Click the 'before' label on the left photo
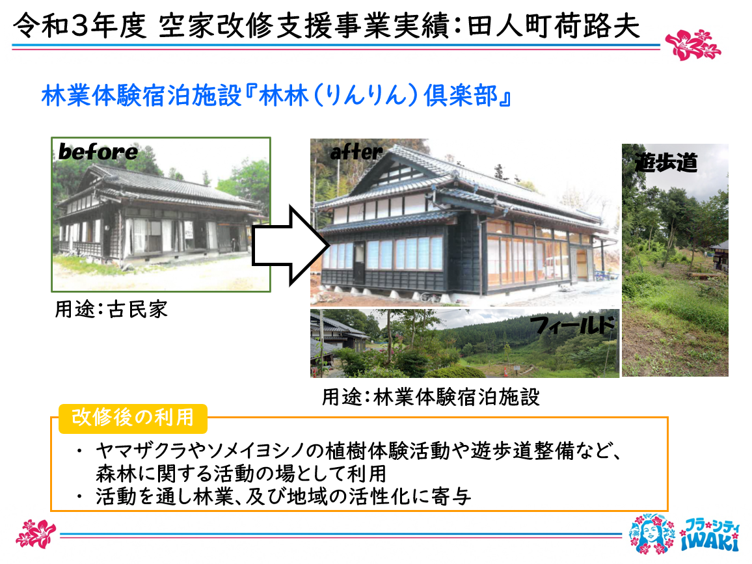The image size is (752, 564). [x=98, y=152]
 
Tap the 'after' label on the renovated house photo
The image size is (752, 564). [x=356, y=152]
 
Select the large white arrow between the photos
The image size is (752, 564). [x=290, y=245]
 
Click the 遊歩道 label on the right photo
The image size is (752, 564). [x=666, y=163]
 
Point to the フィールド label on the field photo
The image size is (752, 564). [x=573, y=325]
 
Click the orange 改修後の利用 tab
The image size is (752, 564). [x=133, y=417]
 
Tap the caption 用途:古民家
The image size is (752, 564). [x=111, y=310]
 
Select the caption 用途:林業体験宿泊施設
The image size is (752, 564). [x=431, y=397]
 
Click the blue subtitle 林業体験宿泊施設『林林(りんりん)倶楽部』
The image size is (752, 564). [x=276, y=96]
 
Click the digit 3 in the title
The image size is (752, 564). [x=79, y=26]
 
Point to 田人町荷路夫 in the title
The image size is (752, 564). [x=554, y=25]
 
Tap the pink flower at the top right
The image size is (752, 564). [x=693, y=45]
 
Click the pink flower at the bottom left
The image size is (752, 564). [x=36, y=533]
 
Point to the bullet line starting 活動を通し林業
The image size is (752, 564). [x=283, y=496]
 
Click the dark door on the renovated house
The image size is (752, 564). [x=358, y=263]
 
